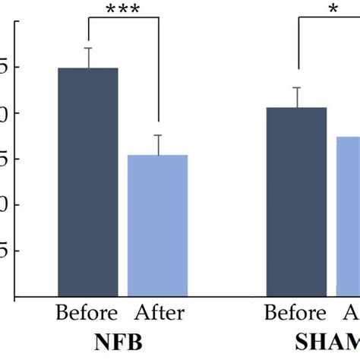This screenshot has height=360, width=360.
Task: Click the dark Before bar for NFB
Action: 88,182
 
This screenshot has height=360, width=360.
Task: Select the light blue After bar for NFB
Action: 158,226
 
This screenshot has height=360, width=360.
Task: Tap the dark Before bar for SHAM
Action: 297,202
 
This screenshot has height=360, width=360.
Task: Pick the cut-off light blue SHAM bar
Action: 349,217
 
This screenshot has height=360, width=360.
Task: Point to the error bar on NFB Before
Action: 88,58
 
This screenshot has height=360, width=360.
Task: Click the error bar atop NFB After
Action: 158,144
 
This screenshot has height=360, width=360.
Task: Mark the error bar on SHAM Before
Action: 297,97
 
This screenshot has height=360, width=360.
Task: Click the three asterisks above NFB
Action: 124,9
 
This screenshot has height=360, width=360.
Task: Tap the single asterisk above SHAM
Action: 333,9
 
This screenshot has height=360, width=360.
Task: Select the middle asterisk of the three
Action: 124,9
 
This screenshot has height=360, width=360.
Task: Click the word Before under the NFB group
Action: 87,313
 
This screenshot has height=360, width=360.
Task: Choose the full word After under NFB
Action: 159,313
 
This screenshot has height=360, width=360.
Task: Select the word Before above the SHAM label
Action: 294,313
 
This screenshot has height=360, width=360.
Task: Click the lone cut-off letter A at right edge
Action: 353,313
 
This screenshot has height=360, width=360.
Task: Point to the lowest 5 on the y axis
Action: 5,251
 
